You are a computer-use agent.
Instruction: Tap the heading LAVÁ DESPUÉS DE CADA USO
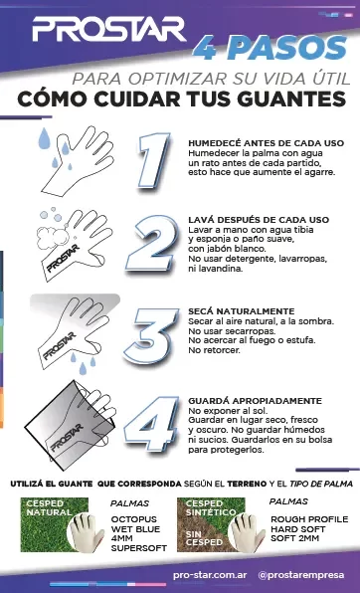259,219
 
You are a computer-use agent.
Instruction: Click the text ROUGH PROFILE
309,518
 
